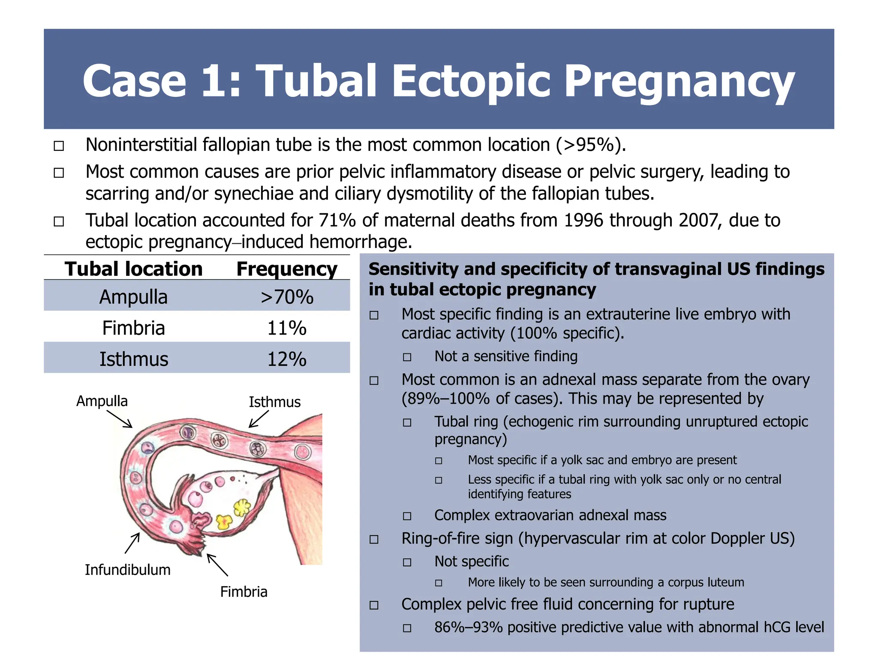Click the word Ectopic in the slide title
click(x=471, y=81)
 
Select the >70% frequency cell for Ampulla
click(x=287, y=297)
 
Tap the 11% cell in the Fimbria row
click(x=287, y=328)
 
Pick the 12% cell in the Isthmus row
click(x=287, y=359)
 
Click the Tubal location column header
click(x=133, y=269)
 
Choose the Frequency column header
click(x=287, y=269)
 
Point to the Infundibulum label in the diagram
click(x=127, y=570)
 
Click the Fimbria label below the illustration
click(x=244, y=592)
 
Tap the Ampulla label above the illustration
click(x=102, y=401)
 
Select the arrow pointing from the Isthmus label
click(x=259, y=419)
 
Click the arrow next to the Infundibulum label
click(x=132, y=543)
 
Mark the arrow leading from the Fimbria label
click(x=217, y=565)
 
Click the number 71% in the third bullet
click(x=337, y=220)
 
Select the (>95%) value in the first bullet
click(x=591, y=145)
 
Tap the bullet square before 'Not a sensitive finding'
click(x=407, y=357)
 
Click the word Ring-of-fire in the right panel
click(x=457, y=538)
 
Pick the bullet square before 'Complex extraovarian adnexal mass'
click(x=407, y=516)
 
